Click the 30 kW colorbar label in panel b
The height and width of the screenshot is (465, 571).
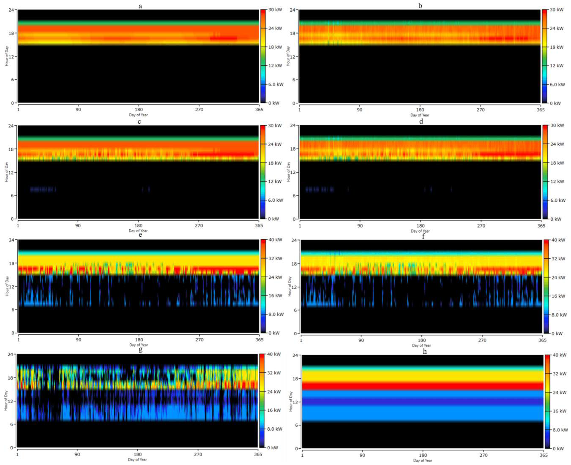click(x=557, y=10)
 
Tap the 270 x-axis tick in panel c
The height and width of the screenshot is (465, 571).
click(x=199, y=225)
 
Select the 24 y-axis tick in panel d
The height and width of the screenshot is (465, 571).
click(x=294, y=126)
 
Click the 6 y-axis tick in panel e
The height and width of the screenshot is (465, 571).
click(x=13, y=310)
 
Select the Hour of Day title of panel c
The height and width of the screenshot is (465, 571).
click(x=7, y=172)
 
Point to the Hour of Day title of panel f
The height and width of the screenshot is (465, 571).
click(x=290, y=287)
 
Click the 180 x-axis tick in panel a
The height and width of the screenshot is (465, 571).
click(x=138, y=110)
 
